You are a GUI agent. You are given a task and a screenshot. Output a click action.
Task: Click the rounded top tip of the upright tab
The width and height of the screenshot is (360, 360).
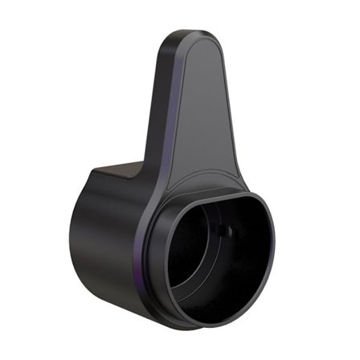194,36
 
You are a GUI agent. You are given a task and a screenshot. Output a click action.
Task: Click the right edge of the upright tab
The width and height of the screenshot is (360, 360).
234,121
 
